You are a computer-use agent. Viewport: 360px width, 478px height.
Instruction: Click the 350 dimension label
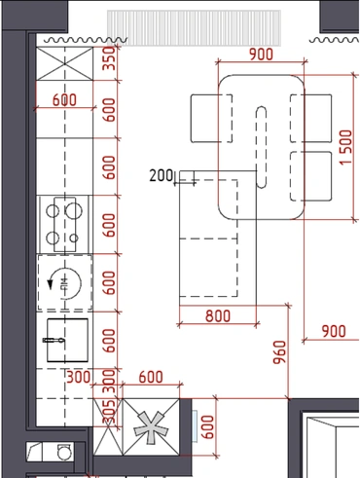coord(109,58)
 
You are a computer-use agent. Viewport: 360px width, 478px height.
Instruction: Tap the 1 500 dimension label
coord(345,147)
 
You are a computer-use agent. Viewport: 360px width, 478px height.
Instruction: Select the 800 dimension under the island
coord(218,315)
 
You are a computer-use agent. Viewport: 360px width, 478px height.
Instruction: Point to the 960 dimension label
coord(279,352)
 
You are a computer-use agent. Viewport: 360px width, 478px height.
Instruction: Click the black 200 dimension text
coord(162,175)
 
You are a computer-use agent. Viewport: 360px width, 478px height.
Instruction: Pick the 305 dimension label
coord(109,412)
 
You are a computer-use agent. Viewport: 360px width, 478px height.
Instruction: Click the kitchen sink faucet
coord(54,340)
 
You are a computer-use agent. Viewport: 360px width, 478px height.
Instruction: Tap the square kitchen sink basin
coord(67,340)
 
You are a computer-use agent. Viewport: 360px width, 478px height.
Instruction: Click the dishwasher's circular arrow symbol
coord(65,283)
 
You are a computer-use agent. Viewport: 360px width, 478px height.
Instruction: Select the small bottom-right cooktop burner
coord(74,239)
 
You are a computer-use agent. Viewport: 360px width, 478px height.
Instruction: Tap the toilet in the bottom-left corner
coord(63,451)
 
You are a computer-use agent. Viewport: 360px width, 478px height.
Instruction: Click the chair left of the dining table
coord(211,119)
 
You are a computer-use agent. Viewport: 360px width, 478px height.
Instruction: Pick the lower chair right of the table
coord(311,176)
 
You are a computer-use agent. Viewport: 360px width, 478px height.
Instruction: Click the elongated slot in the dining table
coord(261,147)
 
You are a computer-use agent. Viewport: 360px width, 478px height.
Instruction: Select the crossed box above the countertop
coord(64,63)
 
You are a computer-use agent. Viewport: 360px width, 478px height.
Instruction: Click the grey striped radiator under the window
coord(194,28)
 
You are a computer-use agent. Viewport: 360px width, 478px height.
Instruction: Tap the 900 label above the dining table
coord(261,55)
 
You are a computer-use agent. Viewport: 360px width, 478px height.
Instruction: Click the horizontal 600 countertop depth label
coord(64,99)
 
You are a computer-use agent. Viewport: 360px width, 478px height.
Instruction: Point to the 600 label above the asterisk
coord(151,377)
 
